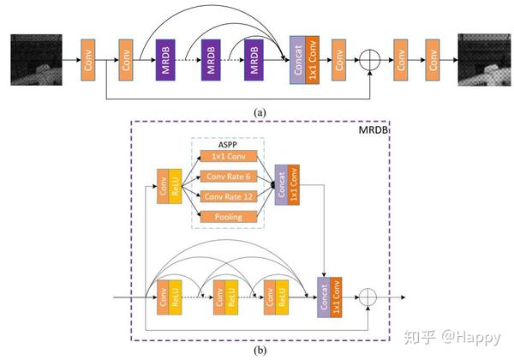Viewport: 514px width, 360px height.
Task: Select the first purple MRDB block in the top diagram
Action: click(x=165, y=60)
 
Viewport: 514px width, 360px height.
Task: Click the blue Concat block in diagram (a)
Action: click(x=297, y=60)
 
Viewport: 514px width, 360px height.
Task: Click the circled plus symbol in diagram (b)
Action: click(x=369, y=297)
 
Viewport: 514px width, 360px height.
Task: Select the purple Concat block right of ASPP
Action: click(x=280, y=185)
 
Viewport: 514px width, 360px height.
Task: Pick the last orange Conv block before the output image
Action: click(x=434, y=60)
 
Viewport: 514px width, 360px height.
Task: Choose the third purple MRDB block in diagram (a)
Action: click(x=254, y=60)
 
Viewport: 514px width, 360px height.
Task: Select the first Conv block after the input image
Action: click(x=87, y=60)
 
